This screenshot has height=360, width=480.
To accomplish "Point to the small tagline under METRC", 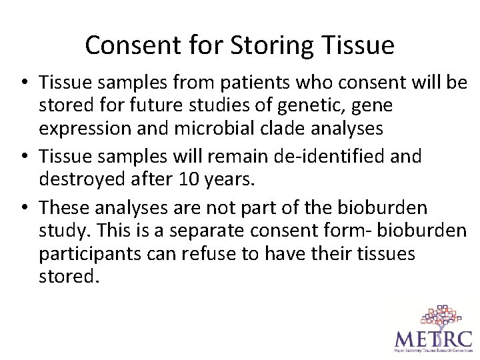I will [433, 350].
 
